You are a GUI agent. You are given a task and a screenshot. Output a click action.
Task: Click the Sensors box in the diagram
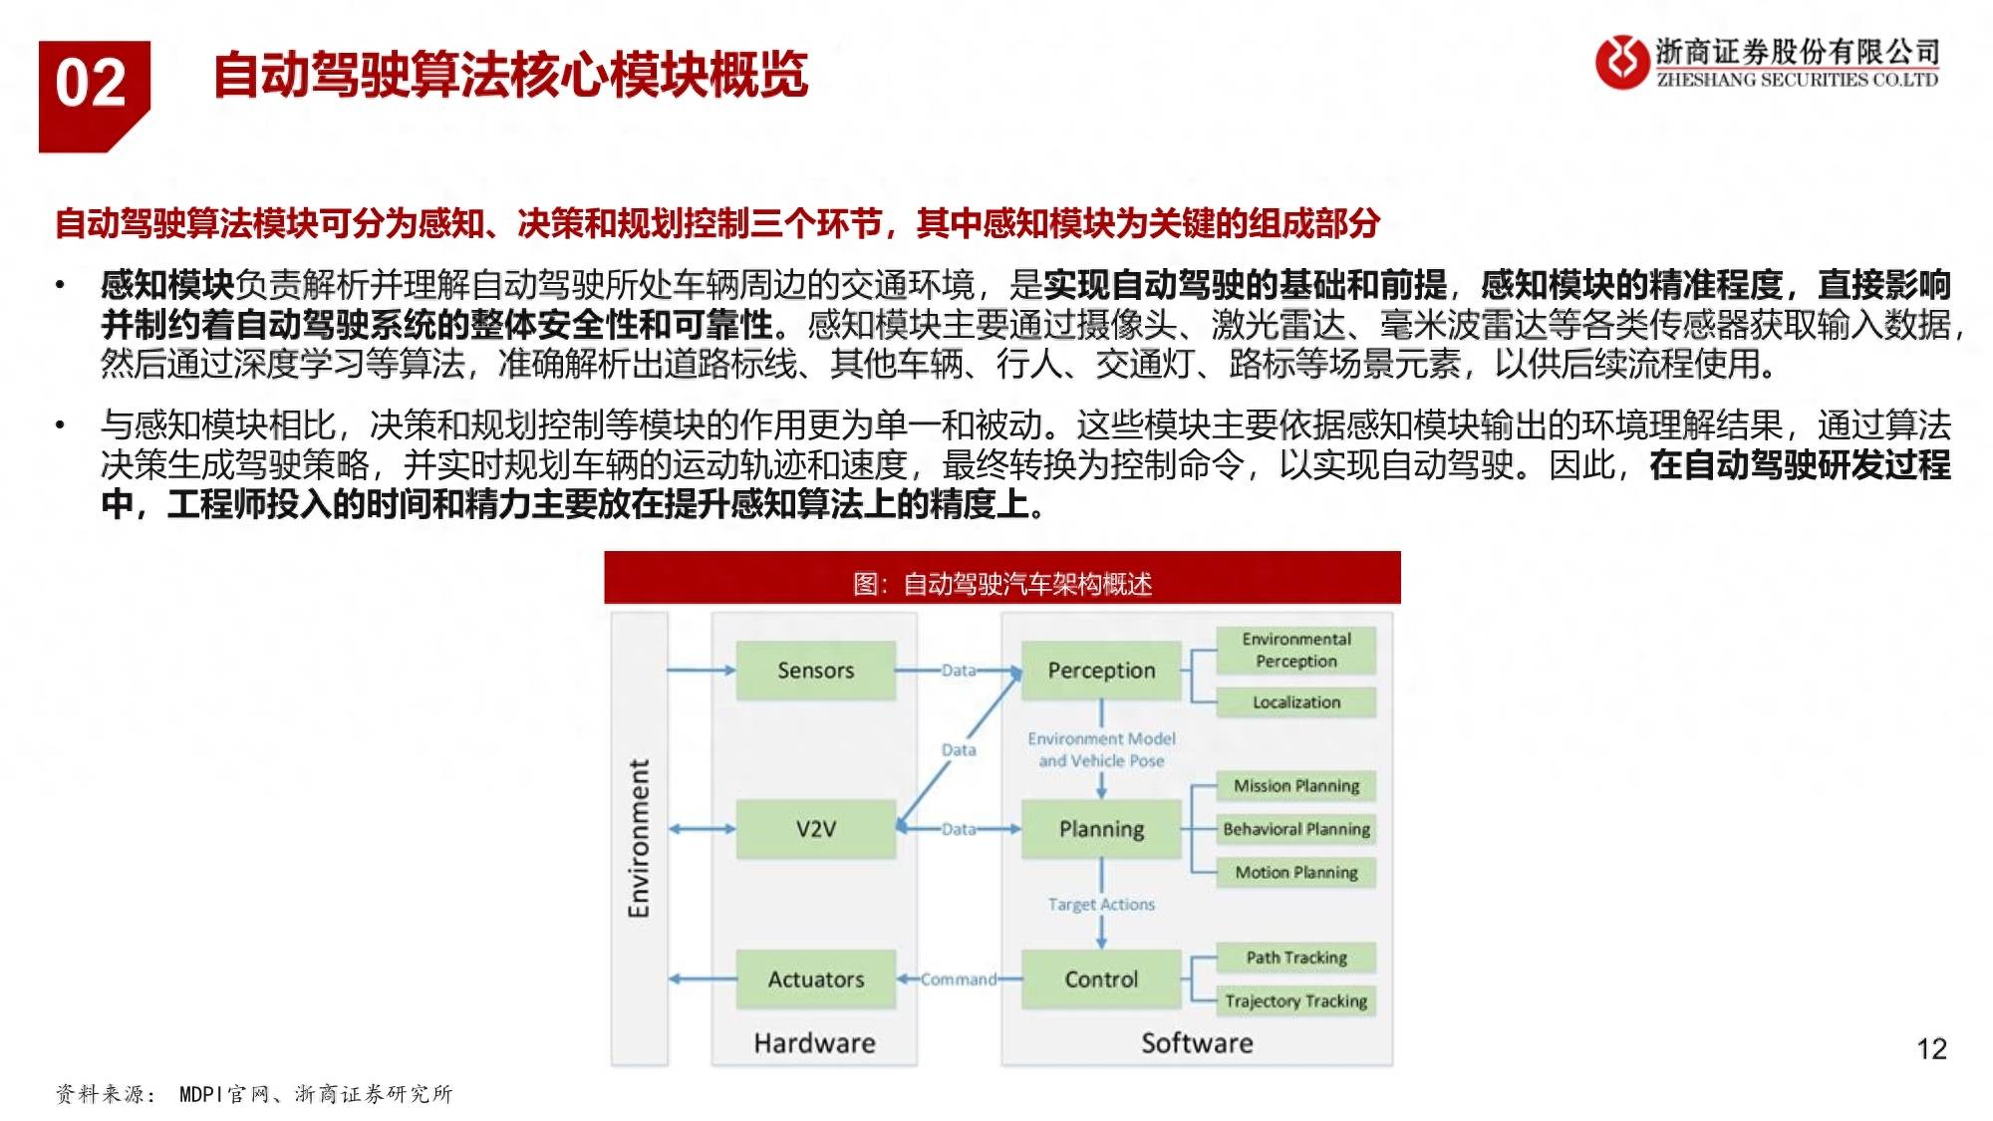point(815,671)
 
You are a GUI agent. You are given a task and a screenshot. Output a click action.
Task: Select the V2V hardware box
point(815,829)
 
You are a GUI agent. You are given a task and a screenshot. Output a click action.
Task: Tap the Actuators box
point(815,980)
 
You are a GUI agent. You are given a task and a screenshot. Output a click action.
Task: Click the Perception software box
point(1101,671)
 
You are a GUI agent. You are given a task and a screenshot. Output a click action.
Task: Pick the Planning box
point(1101,829)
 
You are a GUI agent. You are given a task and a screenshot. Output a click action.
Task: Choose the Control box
point(1101,980)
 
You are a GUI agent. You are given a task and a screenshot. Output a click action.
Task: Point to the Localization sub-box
point(1296,702)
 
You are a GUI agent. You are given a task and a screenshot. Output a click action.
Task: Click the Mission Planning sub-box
point(1296,786)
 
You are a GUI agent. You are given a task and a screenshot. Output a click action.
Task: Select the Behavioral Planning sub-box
point(1296,829)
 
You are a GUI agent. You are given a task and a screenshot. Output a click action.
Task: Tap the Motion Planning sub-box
point(1296,873)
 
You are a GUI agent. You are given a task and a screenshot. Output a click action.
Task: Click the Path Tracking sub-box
point(1296,958)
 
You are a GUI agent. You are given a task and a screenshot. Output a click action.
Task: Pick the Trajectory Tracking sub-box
point(1296,1000)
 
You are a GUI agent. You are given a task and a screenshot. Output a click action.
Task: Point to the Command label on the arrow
point(959,980)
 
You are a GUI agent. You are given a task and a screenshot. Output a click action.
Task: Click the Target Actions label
point(1101,904)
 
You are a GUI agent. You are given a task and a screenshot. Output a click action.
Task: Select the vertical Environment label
point(639,838)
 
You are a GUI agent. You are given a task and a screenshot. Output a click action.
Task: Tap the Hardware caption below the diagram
point(814,1043)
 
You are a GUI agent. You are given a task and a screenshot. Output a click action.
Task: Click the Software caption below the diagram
point(1197,1043)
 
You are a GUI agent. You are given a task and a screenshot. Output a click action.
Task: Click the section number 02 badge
point(94,96)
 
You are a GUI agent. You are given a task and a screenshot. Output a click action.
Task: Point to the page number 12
point(1931,1048)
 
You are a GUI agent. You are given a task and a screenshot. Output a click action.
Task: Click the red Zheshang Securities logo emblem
point(1621,62)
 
